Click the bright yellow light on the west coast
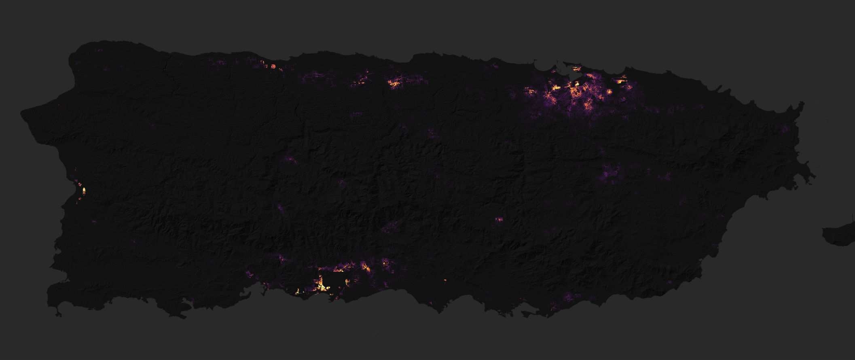(84, 190)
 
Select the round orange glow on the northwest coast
(273, 66)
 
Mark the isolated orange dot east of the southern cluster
(445, 280)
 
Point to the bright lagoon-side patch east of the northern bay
(620, 81)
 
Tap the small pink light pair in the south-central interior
(498, 219)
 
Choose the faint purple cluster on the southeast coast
(568, 298)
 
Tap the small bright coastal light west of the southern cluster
(299, 291)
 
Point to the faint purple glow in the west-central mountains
(289, 159)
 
